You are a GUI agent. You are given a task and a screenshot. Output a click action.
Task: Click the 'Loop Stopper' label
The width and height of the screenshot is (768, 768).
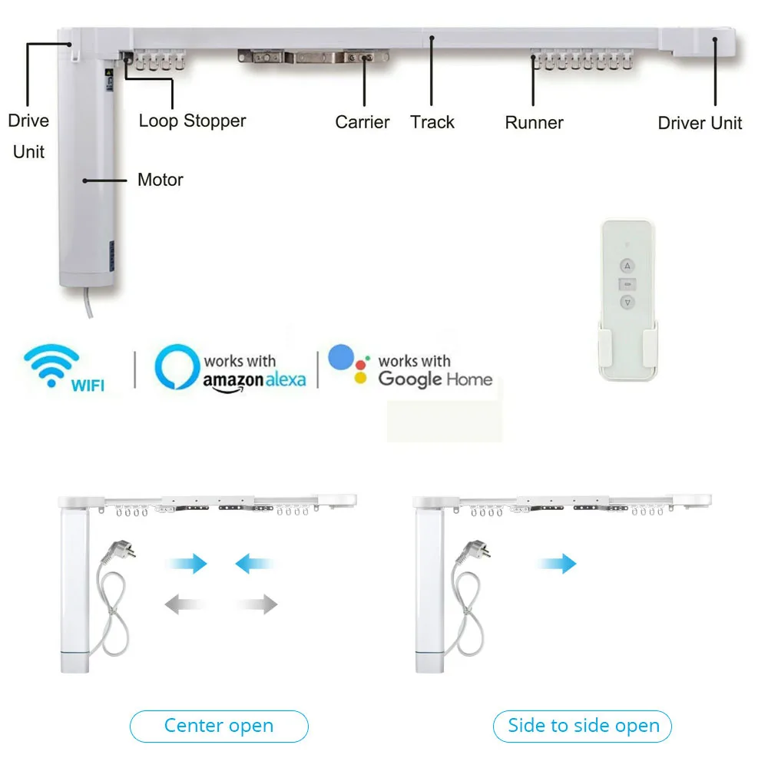pos(192,121)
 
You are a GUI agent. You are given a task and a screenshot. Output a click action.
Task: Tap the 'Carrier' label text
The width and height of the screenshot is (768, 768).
pos(362,122)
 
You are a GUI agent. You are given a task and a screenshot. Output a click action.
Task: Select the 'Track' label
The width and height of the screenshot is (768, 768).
pos(432,122)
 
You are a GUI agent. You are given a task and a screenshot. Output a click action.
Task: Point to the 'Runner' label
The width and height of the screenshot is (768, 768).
pos(535,122)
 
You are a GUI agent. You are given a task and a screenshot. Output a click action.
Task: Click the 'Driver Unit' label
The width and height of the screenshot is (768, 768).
pos(700,123)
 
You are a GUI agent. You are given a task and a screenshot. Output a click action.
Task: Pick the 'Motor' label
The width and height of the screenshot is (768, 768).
pos(161,180)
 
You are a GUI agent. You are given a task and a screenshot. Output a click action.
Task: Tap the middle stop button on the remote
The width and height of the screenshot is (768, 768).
pos(627,284)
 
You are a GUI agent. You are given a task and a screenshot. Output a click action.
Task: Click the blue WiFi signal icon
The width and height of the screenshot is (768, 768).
pos(51,366)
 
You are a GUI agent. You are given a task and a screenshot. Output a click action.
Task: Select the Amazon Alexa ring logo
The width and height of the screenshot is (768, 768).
pos(177,367)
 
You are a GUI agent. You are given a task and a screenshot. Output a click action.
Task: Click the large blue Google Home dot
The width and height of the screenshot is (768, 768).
pos(341,357)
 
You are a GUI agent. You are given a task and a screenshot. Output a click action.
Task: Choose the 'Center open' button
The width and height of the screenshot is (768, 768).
pos(219,726)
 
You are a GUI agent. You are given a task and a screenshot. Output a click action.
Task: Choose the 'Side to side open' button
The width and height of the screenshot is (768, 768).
pos(582,726)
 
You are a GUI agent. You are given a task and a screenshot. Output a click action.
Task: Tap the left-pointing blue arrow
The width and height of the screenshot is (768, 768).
pos(254,564)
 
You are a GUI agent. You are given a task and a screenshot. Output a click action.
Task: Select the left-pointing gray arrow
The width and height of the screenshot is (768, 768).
pos(184,604)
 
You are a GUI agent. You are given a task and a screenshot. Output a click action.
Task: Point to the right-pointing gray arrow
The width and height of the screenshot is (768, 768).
pos(257,604)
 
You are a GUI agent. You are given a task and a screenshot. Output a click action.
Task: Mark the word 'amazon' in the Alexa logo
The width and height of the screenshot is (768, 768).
pos(233,381)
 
